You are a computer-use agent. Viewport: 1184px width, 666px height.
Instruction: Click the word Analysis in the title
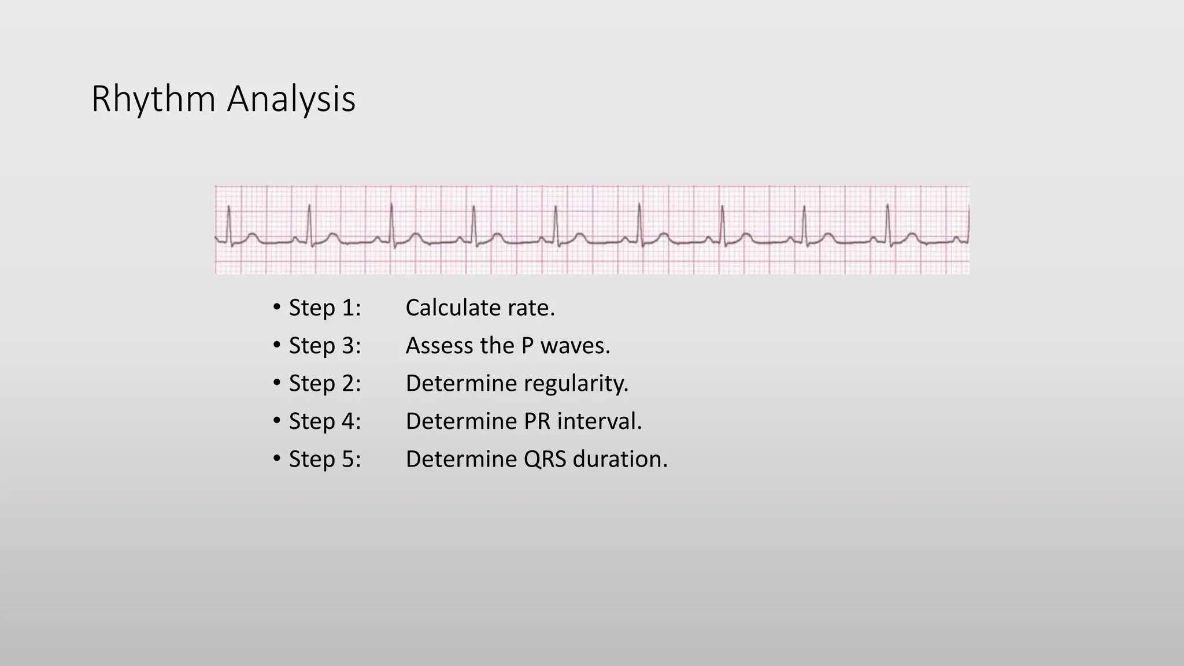coord(291,99)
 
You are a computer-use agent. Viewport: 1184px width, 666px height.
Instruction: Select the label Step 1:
coord(324,308)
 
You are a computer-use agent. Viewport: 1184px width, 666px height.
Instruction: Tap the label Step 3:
coord(324,346)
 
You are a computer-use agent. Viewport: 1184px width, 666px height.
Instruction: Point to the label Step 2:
coord(324,383)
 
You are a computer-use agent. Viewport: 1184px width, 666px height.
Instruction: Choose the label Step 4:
coord(324,421)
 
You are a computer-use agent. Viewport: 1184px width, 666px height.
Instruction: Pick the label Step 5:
coord(324,459)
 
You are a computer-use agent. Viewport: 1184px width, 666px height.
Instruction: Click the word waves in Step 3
coord(575,346)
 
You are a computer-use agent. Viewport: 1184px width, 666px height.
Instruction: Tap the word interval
coord(599,421)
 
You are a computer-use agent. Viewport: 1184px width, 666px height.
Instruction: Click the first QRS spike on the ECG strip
coord(229,223)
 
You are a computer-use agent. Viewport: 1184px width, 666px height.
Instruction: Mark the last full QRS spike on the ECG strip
coord(887,223)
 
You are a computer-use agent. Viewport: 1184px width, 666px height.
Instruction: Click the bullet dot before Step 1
coord(277,307)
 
